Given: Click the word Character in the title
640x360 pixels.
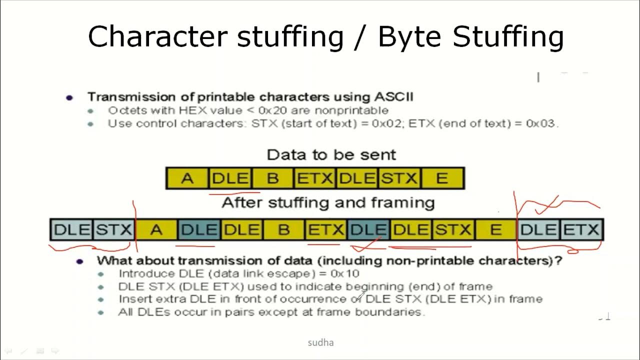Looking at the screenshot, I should click(x=157, y=36).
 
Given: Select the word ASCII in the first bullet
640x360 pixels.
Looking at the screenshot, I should click(x=393, y=96).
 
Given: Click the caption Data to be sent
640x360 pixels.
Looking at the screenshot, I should click(x=331, y=154).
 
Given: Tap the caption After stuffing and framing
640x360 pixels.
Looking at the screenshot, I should click(x=328, y=202).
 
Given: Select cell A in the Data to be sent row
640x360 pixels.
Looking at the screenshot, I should click(x=187, y=178).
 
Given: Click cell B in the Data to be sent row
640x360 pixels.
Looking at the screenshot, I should click(x=272, y=178).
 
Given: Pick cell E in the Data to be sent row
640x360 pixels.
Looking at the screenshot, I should click(x=442, y=178).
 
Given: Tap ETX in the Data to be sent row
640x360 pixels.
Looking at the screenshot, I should click(x=315, y=178).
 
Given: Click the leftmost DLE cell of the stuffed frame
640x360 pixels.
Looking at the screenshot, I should click(x=72, y=230).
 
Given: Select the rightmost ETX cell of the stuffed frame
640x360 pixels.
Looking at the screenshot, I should click(x=581, y=230).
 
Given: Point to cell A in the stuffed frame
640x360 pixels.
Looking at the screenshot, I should click(x=156, y=230).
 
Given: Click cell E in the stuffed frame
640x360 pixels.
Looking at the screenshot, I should click(x=495, y=230).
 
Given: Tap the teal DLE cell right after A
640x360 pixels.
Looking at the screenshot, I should click(x=199, y=230).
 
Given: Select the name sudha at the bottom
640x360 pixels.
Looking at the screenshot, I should click(x=320, y=342).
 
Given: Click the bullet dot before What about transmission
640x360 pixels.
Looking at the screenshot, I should click(x=79, y=261).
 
